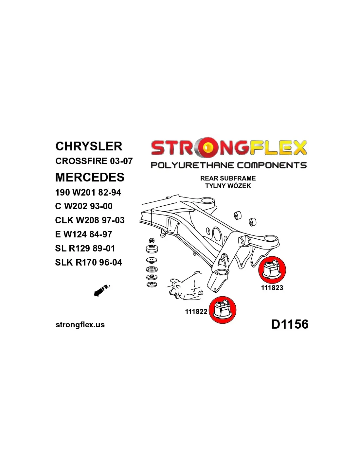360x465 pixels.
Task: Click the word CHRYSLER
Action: coord(89,146)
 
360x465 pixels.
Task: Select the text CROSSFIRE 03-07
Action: coord(94,161)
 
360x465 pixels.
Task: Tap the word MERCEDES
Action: coord(90,177)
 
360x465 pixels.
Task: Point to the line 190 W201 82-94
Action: coord(88,193)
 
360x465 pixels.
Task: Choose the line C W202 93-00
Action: coord(84,206)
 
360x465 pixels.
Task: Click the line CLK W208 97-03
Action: coord(90,220)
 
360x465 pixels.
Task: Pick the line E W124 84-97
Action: coord(83,234)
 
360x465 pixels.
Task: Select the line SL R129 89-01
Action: coord(85,249)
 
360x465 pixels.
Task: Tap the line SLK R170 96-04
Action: coord(88,262)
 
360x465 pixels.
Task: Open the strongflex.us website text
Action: coord(80,325)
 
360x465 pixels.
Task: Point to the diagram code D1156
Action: coord(290,324)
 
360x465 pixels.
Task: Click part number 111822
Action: coord(196,312)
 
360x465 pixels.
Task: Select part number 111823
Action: coord(272,288)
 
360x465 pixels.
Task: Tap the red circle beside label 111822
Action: coord(222,310)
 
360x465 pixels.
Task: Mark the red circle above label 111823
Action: coord(272,270)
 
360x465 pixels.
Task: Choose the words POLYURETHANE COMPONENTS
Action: coord(229,165)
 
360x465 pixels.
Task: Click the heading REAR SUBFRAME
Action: coord(228,178)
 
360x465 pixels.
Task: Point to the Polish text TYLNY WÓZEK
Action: coord(228,185)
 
